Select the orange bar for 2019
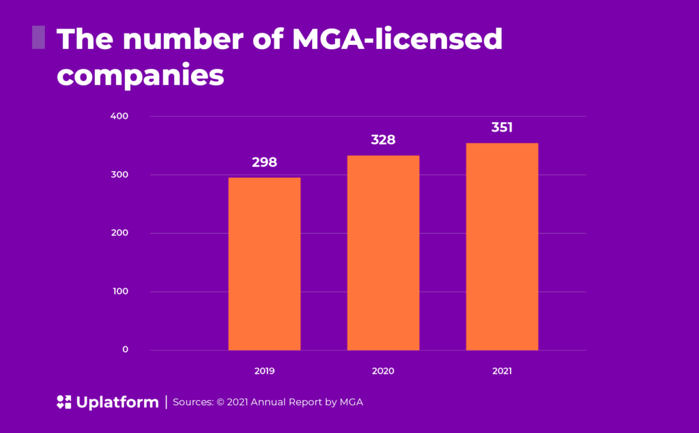[264, 264]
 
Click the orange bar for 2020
[383, 253]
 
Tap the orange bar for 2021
[502, 246]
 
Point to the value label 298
[264, 162]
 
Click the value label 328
[383, 140]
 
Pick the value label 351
[502, 128]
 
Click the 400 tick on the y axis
[120, 116]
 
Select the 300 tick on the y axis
[120, 175]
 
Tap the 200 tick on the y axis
[120, 233]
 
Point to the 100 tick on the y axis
[120, 292]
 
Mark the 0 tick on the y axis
[126, 350]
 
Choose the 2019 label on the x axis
[264, 372]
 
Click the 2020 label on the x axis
[383, 372]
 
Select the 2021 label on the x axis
[502, 372]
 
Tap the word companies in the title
[140, 75]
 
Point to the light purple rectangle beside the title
[38, 38]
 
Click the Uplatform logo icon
[64, 402]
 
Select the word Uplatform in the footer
[117, 402]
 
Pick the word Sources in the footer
[193, 402]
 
